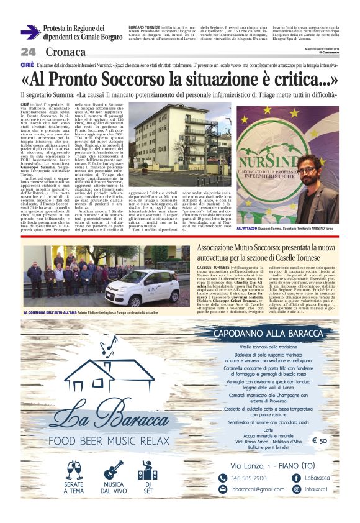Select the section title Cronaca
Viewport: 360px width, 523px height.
pos(65,52)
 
